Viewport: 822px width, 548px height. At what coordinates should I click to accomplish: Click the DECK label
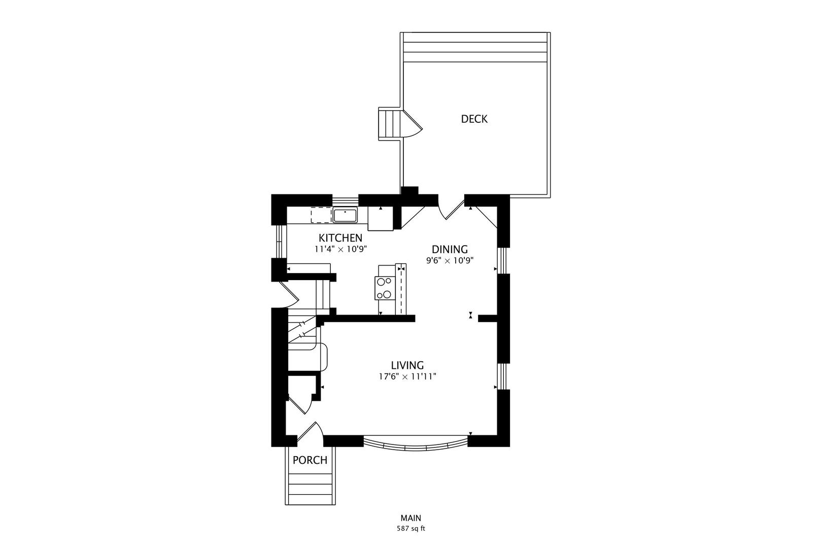(x=474, y=119)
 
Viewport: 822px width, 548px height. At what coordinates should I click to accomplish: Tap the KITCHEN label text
(x=340, y=237)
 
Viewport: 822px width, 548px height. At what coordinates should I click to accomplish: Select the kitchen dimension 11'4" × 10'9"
(x=340, y=249)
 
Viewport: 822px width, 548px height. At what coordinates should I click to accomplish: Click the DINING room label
(x=450, y=249)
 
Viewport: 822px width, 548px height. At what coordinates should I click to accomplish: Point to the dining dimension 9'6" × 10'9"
(x=450, y=260)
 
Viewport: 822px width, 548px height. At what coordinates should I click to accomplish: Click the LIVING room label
(x=407, y=365)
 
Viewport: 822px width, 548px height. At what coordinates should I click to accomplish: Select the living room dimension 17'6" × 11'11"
(x=407, y=376)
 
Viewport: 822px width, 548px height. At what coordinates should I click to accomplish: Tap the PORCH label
(x=310, y=460)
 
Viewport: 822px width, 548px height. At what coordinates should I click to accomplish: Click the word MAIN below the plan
(x=410, y=518)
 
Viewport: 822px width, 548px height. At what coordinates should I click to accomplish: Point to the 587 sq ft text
(x=410, y=528)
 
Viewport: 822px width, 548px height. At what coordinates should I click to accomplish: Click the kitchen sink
(x=345, y=215)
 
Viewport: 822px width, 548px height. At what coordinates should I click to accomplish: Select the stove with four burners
(x=384, y=288)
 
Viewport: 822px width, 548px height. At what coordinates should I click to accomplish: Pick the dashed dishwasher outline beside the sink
(x=321, y=215)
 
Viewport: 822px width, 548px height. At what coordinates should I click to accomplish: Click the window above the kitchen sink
(x=345, y=199)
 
